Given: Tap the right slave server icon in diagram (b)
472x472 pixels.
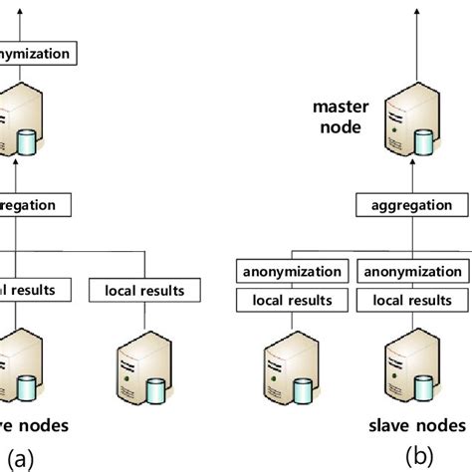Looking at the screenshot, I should click(x=409, y=367).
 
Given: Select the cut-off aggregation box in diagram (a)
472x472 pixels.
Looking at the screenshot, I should click(x=35, y=204).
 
